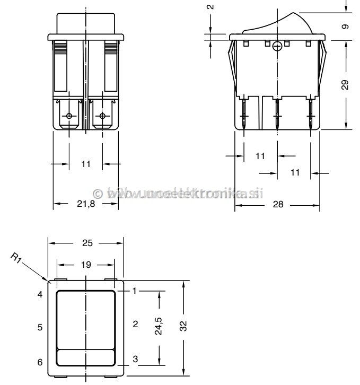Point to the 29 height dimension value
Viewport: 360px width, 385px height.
point(346,85)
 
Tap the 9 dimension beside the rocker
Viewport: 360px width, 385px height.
point(346,27)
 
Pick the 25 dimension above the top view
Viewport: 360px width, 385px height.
point(87,243)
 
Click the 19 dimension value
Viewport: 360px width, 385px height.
point(86,264)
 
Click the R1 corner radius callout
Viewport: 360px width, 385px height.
point(15,260)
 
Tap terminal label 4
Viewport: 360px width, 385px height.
point(40,294)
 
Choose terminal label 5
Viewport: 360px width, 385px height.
point(40,327)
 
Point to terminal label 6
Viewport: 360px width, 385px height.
point(40,362)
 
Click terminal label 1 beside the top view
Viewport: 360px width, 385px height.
point(135,291)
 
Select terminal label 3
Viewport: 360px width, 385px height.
point(135,360)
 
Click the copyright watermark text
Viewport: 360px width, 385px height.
point(178,194)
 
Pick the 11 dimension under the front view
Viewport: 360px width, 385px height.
point(85,164)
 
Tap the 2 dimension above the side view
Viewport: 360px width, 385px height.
point(210,7)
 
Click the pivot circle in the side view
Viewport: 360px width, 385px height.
point(276,47)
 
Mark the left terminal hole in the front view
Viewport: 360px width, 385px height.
point(69,116)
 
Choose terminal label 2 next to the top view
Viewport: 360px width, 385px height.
point(135,324)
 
